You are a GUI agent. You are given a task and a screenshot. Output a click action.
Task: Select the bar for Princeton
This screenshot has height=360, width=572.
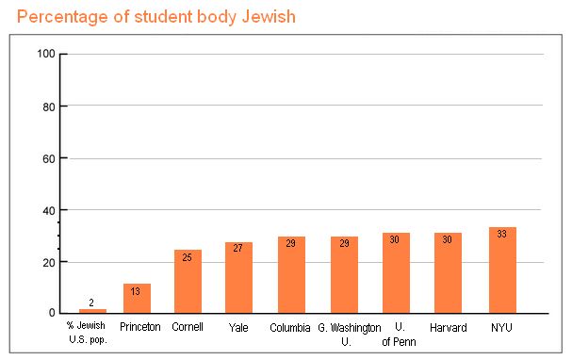point(137,299)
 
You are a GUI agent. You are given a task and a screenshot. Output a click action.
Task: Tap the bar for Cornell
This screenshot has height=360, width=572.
point(188,282)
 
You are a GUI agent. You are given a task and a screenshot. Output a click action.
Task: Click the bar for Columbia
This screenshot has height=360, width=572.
point(291,275)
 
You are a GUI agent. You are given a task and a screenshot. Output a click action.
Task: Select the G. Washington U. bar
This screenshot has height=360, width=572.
point(344,275)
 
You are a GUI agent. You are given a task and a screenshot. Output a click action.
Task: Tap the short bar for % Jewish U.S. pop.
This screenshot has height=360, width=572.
point(91,310)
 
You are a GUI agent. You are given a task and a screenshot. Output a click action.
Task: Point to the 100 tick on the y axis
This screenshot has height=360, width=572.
point(46,54)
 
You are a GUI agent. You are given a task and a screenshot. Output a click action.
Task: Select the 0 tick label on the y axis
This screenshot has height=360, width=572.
point(52,313)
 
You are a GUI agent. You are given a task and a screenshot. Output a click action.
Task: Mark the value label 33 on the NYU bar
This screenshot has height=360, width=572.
point(502,234)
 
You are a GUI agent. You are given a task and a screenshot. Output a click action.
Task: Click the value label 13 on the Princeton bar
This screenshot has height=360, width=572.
point(137,291)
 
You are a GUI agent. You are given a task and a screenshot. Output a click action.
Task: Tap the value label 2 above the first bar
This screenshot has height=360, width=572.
point(91,303)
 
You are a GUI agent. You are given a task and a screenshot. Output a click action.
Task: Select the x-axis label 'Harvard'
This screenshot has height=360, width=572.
point(448,327)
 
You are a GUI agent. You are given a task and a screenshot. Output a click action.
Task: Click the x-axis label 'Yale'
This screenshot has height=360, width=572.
point(238,327)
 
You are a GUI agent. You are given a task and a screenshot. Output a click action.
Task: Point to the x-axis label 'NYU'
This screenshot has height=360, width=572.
point(502,327)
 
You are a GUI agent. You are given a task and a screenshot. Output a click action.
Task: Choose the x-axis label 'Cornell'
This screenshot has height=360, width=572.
point(188,327)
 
